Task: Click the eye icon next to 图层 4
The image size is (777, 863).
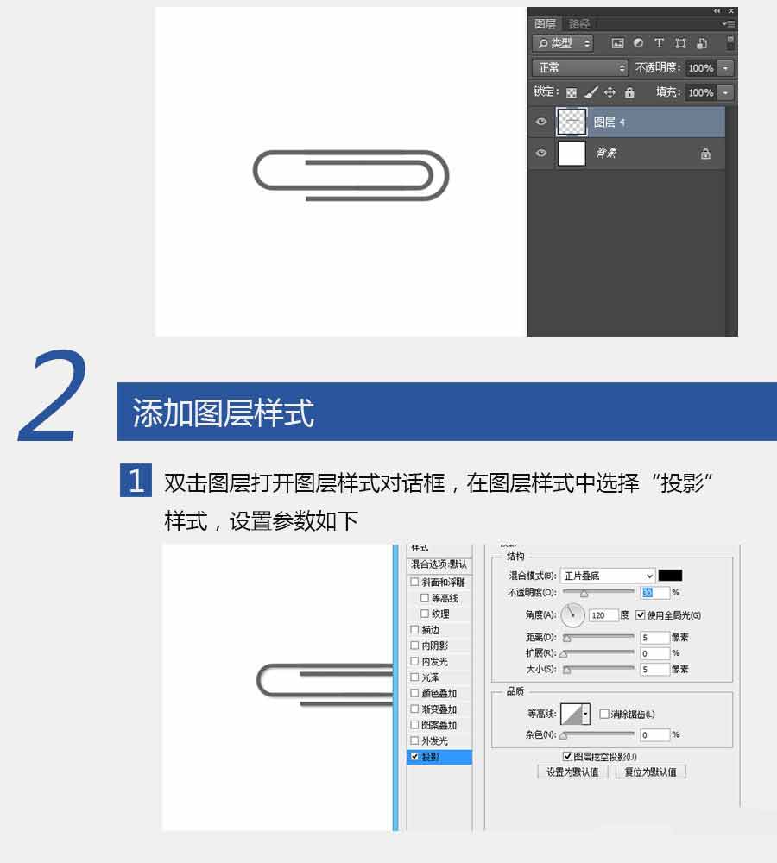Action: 541,122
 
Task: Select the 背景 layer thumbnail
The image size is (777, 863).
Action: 572,154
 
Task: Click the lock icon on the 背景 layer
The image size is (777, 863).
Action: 705,154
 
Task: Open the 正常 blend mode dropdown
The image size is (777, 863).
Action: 580,67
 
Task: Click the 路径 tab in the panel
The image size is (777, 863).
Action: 579,24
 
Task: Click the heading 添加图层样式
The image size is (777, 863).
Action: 224,413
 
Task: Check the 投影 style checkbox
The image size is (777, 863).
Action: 415,757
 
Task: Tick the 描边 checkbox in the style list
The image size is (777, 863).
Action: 415,630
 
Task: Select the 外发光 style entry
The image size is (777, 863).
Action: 434,741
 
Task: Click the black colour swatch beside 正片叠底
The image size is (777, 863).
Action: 670,576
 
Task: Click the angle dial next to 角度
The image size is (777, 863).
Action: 573,615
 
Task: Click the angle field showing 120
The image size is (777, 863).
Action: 603,615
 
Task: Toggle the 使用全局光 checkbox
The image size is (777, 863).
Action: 641,615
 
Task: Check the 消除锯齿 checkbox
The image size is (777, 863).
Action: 604,714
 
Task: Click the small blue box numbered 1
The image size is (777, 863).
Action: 136,482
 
